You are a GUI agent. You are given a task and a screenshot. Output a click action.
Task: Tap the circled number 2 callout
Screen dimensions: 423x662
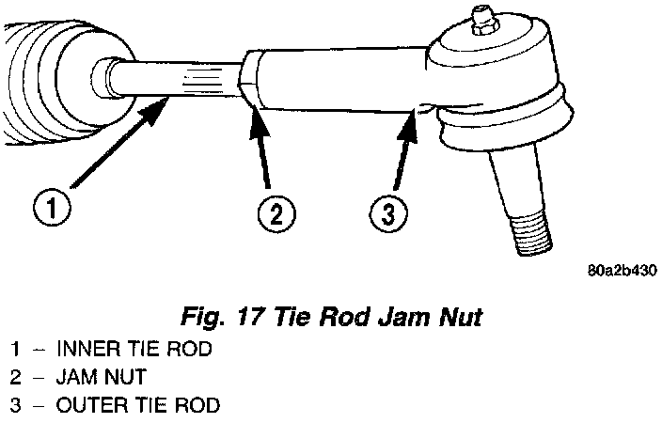pyautogui.click(x=273, y=214)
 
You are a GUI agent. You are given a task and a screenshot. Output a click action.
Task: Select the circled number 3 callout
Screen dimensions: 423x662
pyautogui.click(x=386, y=214)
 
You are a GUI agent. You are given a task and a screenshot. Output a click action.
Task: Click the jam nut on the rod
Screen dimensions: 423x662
pyautogui.click(x=249, y=81)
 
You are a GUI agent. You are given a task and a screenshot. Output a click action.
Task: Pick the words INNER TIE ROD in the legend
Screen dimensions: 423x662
pyautogui.click(x=134, y=350)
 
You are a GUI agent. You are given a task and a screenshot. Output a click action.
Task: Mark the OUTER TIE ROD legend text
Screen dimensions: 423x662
pyautogui.click(x=138, y=406)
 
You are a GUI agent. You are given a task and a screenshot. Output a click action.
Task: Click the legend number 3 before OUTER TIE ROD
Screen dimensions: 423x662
pyautogui.click(x=16, y=406)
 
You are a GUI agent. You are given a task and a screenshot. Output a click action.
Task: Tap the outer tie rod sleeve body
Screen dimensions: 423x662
pyautogui.click(x=339, y=80)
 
